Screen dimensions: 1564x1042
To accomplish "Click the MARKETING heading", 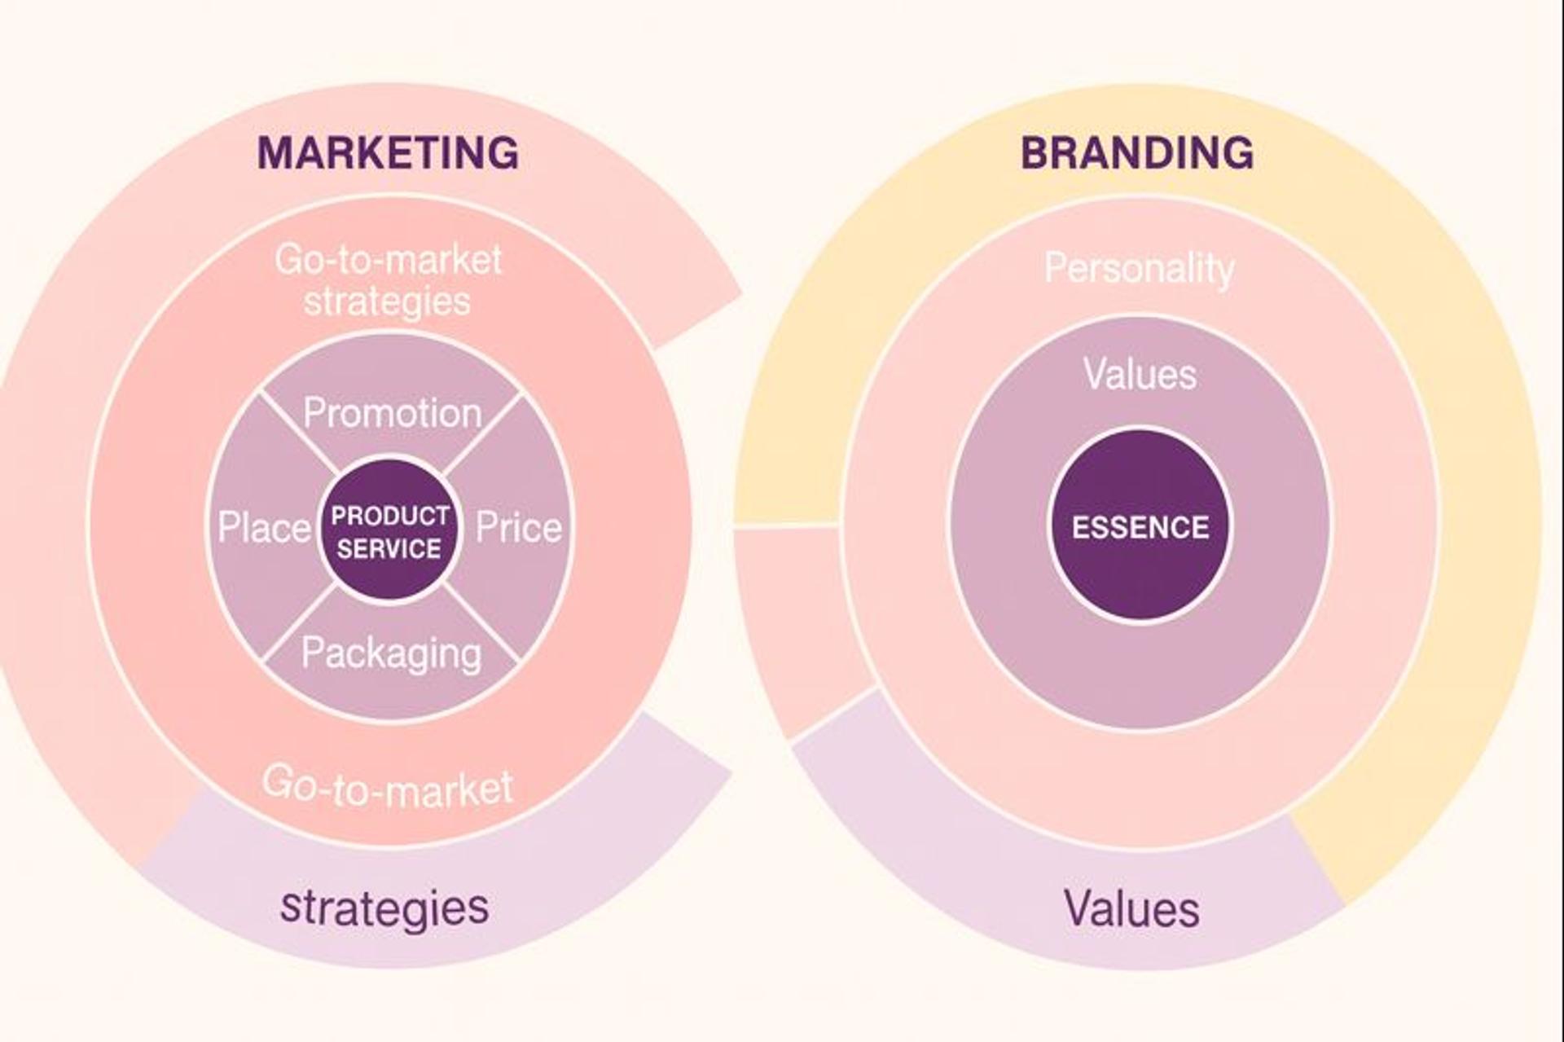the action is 388,153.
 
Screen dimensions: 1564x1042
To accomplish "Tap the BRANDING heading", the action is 1137,153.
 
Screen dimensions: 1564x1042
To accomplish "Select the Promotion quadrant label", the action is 392,414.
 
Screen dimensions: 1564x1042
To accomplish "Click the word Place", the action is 264,528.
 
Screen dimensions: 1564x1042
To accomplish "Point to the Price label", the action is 518,528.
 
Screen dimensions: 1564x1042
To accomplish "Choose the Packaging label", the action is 391,653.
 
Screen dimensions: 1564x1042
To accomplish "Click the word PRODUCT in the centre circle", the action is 389,516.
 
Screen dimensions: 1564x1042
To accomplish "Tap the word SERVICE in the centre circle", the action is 389,548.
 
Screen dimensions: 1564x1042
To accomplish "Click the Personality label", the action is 1139,268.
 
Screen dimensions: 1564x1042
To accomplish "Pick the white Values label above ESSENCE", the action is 1140,374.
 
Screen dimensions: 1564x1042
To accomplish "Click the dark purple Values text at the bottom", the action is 1131,908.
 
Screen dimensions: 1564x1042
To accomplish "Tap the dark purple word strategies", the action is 384,907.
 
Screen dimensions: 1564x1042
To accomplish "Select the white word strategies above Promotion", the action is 387,301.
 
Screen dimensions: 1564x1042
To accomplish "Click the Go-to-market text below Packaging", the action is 388,786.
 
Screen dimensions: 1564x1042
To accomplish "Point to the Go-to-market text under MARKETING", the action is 388,260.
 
